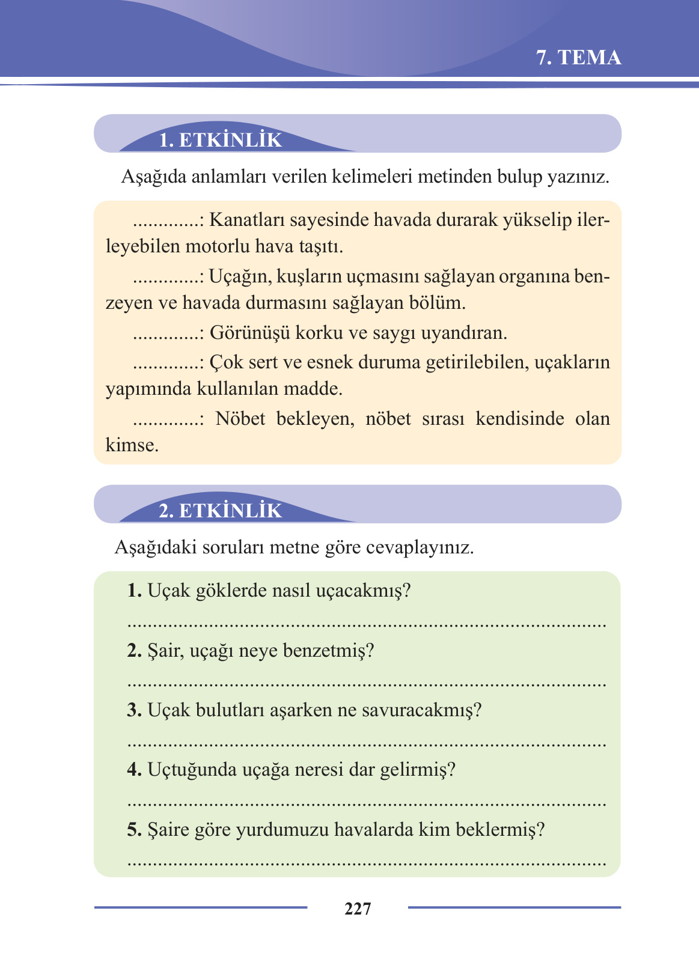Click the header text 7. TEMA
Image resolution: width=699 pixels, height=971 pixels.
[578, 58]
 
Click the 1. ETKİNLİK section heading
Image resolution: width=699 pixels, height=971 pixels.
[220, 140]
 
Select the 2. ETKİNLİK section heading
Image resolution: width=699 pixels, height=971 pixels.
[220, 511]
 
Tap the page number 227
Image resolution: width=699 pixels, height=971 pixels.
[358, 909]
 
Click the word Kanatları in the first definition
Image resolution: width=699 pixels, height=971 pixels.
[246, 220]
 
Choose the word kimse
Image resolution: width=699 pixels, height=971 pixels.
[132, 445]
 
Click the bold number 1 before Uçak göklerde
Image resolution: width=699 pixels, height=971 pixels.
[134, 591]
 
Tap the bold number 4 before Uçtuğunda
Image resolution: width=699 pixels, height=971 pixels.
[134, 770]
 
